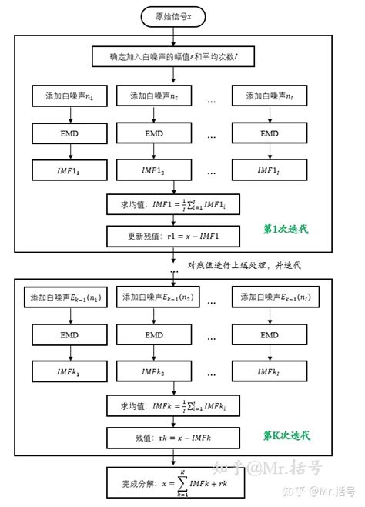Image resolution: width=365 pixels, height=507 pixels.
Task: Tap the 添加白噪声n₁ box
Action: pyautogui.click(x=70, y=97)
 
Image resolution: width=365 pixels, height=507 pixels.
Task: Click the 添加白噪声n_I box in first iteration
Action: pyautogui.click(x=269, y=97)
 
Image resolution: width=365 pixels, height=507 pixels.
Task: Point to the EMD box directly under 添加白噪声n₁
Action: pyautogui.click(x=70, y=133)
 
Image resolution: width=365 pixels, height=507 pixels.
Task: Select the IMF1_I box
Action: pyautogui.click(x=269, y=170)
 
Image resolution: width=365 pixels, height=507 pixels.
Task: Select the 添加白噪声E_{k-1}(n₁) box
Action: pyautogui.click(x=70, y=297)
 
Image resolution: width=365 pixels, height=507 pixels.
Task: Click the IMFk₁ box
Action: pyautogui.click(x=70, y=371)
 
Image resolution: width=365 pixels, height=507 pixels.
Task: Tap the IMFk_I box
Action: pyautogui.click(x=269, y=371)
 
